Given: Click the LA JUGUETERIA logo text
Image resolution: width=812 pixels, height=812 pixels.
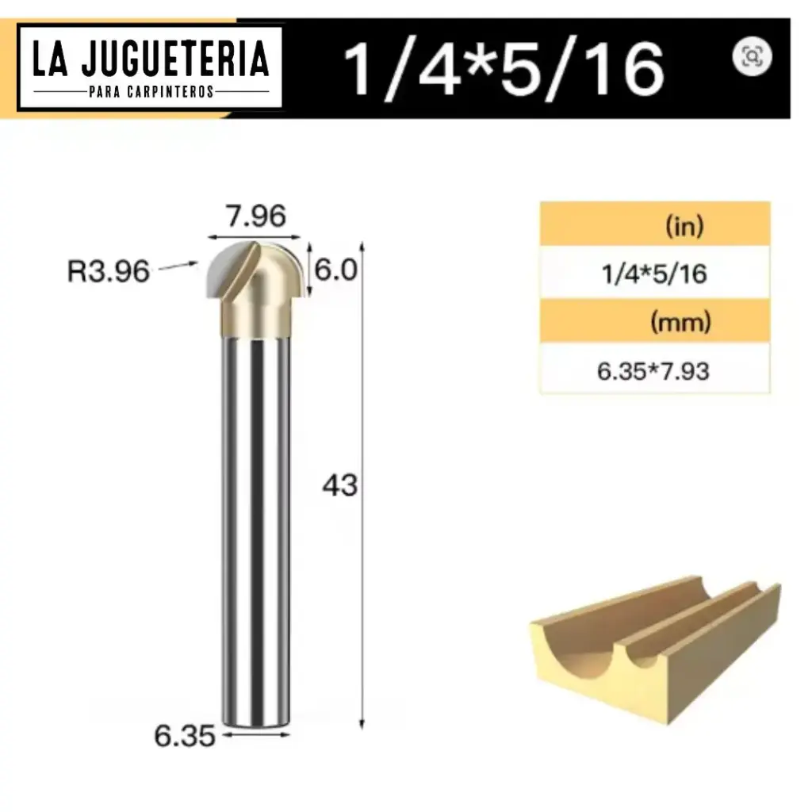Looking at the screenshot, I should [x=151, y=60].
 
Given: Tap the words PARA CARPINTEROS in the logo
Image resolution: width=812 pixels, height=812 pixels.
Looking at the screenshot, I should [x=151, y=92].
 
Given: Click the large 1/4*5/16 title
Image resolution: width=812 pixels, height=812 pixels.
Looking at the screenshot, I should [x=504, y=69].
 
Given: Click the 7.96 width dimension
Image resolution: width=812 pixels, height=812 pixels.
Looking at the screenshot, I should [x=254, y=216].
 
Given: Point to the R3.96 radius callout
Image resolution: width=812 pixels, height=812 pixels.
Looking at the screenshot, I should [x=109, y=271].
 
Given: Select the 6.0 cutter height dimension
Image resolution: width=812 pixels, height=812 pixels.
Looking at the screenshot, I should [x=337, y=270].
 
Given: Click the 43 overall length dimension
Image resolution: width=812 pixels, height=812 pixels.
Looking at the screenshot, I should [x=339, y=485].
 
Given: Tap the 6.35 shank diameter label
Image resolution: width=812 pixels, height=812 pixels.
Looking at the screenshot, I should [x=184, y=737].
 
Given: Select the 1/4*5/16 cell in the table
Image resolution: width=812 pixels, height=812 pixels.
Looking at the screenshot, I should [x=655, y=274].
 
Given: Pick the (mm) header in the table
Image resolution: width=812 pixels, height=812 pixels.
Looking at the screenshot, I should [x=680, y=322].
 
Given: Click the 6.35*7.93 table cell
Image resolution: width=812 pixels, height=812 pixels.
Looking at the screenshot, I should [x=655, y=370].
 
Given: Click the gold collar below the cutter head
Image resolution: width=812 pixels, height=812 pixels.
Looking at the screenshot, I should [x=255, y=322].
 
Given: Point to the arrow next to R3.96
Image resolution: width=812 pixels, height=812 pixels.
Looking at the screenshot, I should [x=178, y=267].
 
